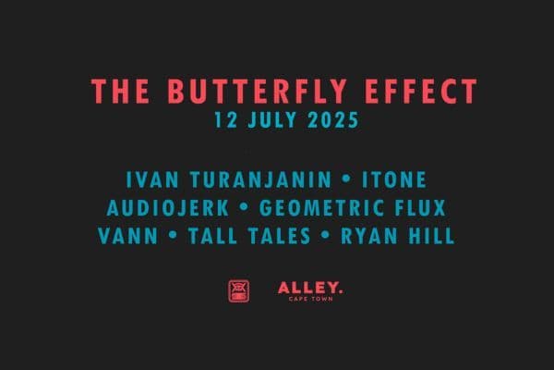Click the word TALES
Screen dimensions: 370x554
(281, 236)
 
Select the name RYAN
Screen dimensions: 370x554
(368, 236)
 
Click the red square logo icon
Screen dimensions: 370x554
(238, 290)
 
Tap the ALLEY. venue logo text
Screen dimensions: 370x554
(310, 288)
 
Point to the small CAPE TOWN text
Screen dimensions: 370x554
(310, 299)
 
